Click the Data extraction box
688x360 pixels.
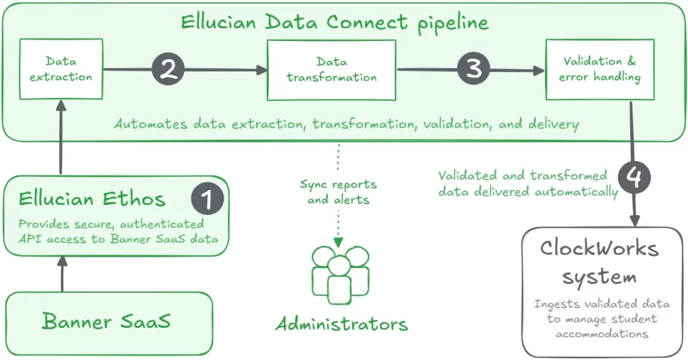[60, 69]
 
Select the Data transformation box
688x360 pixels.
[331, 69]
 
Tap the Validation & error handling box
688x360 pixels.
[599, 69]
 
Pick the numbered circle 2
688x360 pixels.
[168, 69]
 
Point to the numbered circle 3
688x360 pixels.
[474, 69]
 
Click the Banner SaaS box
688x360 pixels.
[108, 322]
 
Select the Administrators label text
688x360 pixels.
[341, 324]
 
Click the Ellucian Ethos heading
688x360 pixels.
[92, 199]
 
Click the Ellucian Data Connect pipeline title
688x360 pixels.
[335, 22]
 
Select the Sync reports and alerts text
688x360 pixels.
[338, 191]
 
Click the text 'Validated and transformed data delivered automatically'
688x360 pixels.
[527, 183]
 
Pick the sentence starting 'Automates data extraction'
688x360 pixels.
[346, 124]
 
